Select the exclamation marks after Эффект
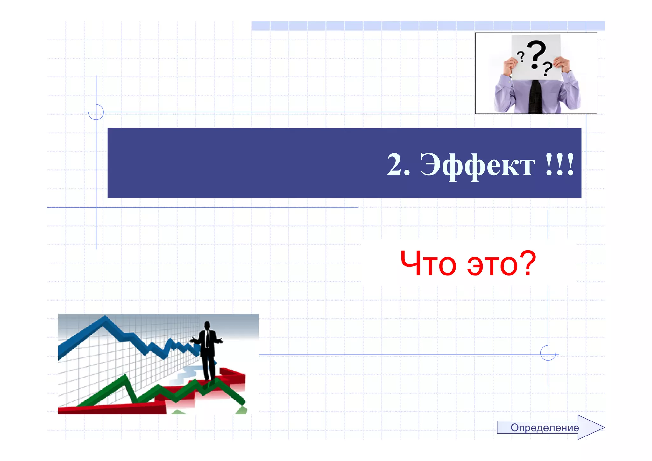click(x=560, y=164)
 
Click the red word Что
click(x=428, y=263)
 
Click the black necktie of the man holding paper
click(x=535, y=97)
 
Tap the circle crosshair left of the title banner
click(x=96, y=112)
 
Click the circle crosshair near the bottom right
click(x=548, y=353)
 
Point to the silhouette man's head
click(x=207, y=326)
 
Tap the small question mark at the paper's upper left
click(x=521, y=56)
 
